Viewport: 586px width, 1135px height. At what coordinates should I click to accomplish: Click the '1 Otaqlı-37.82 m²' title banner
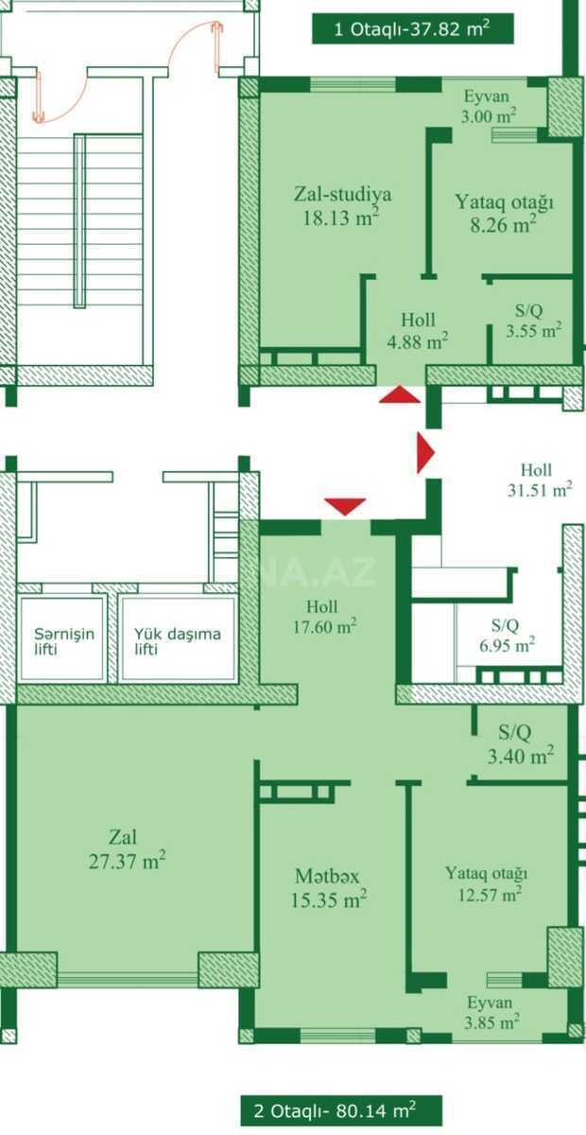coord(413,29)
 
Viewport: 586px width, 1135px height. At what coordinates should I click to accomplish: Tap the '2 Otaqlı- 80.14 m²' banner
coord(341,1110)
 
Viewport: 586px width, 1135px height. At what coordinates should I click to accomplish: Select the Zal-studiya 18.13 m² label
coord(342,206)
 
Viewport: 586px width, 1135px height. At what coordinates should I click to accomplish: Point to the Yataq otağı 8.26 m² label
coord(504,213)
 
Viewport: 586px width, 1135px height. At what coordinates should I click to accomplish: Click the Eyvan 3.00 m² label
coord(488,106)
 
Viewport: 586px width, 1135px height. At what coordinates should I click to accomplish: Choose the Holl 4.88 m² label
coord(418,331)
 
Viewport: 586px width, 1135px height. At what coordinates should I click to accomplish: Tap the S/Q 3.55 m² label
coord(533,320)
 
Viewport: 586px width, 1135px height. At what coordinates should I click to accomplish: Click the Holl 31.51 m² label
coord(540,480)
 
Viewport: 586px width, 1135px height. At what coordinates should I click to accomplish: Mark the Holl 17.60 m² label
coord(324,617)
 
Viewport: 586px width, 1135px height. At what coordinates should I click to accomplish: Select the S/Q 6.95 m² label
coord(507,636)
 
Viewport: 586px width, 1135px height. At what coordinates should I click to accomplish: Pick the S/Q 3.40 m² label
coord(520,743)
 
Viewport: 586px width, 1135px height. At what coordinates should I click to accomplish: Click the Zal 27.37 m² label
coord(127,848)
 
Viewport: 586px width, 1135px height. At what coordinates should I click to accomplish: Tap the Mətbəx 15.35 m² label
coord(328,888)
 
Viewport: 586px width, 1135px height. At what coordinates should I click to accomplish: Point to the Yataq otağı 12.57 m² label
coord(486,883)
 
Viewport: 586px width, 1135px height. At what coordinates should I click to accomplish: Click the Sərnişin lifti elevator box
coord(61,638)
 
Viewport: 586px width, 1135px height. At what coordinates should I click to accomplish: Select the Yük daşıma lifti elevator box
coord(179,638)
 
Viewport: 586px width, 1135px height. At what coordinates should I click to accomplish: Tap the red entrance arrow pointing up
coord(400,394)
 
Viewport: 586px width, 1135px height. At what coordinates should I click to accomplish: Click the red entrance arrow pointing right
coord(426,452)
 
